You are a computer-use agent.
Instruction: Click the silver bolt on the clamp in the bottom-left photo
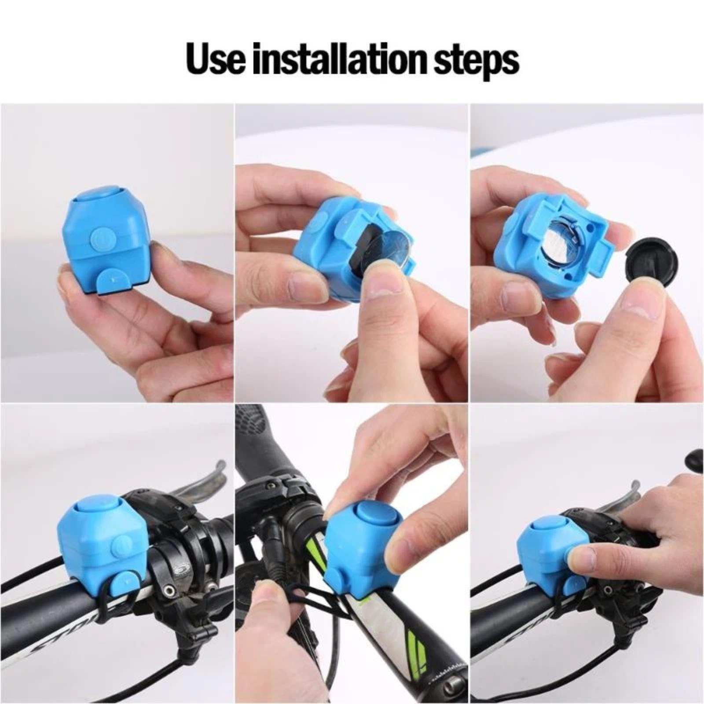169,592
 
